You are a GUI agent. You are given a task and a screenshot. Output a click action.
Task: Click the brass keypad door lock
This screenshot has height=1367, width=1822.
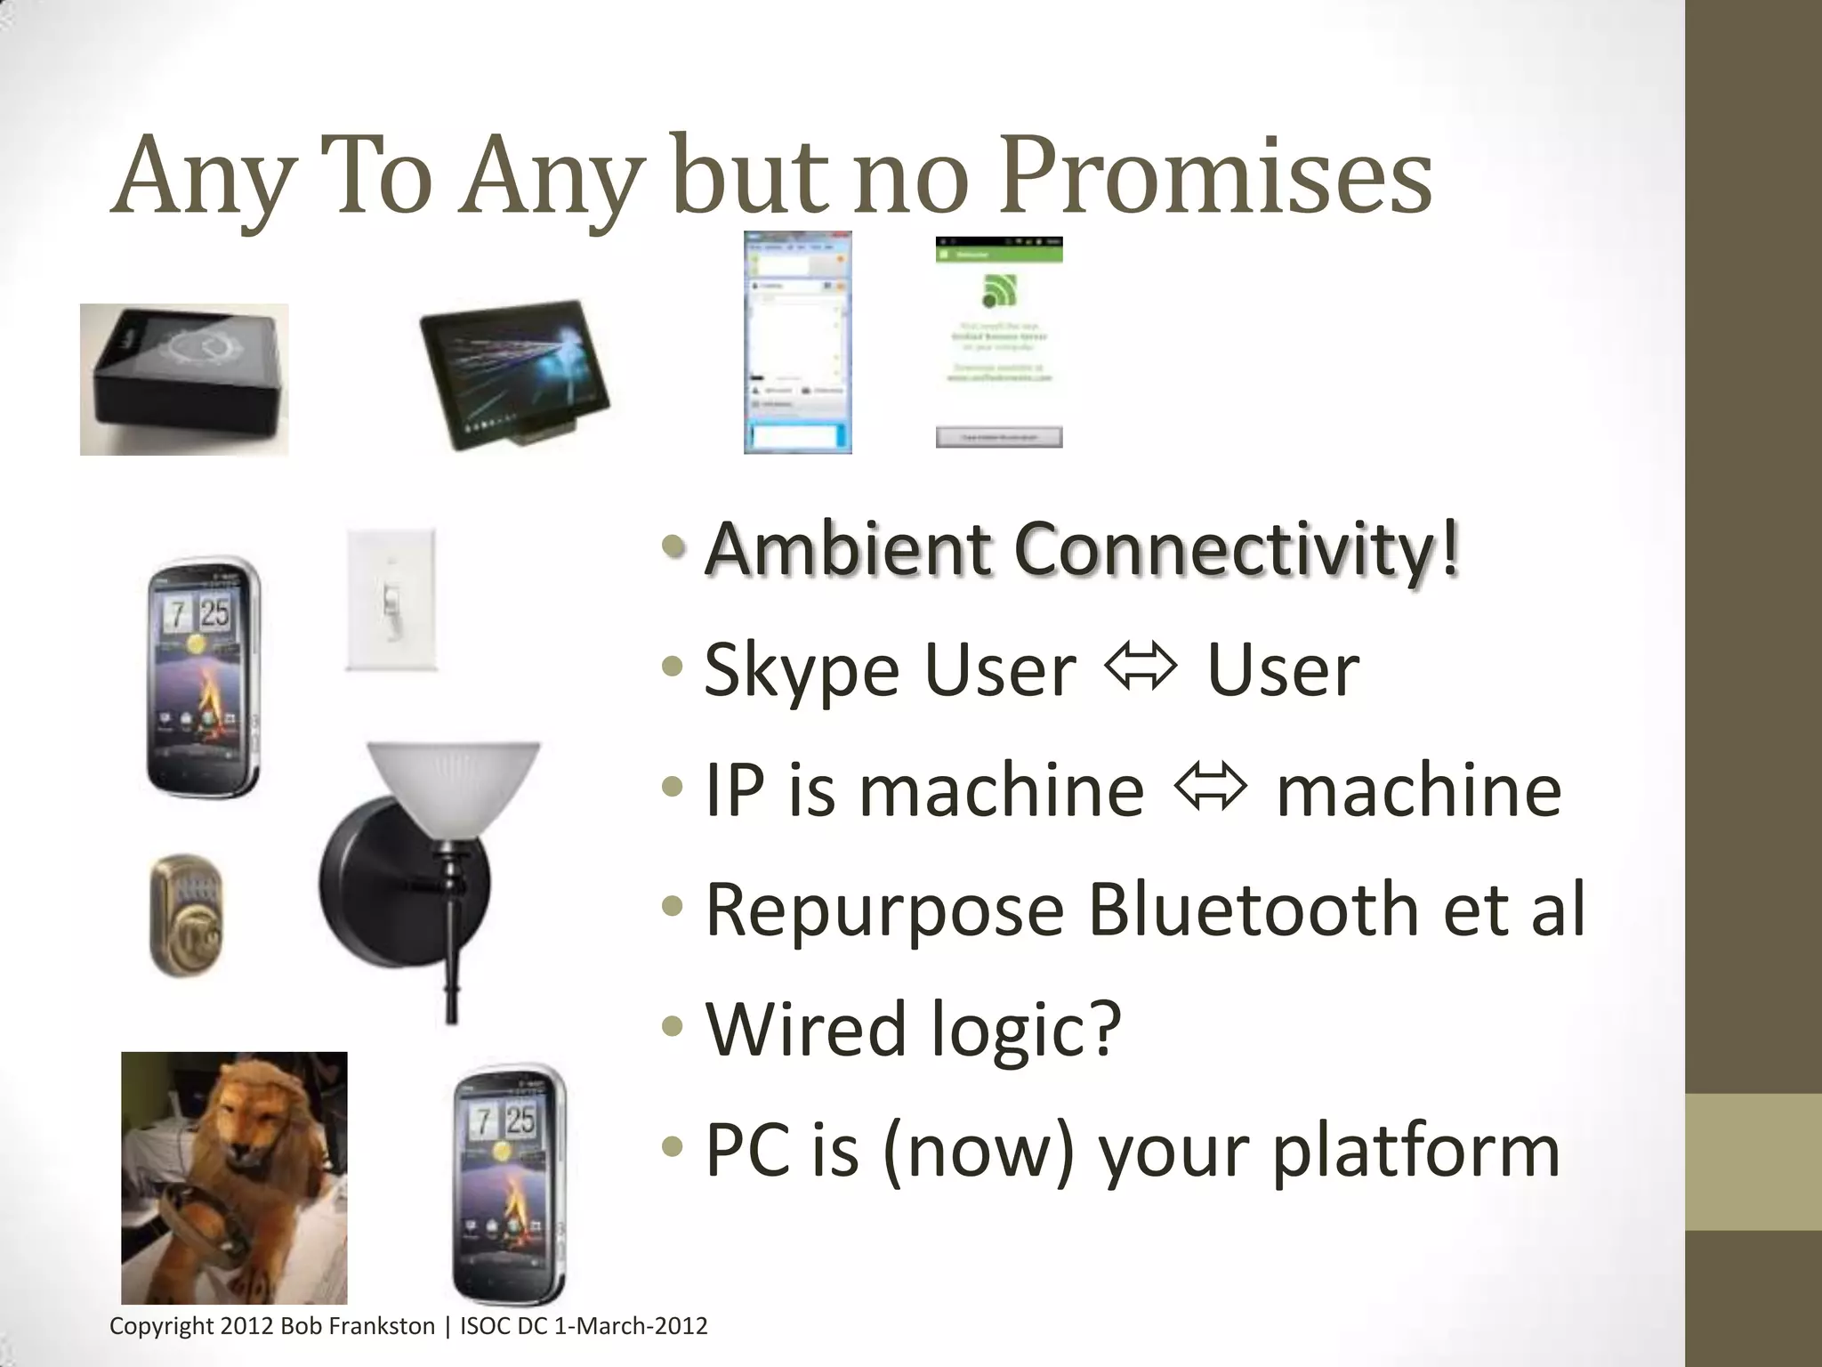tap(186, 916)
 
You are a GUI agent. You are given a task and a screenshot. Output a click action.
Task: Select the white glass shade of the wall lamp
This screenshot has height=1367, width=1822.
tap(453, 775)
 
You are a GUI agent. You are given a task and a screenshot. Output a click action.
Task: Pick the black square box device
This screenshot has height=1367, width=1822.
tap(184, 380)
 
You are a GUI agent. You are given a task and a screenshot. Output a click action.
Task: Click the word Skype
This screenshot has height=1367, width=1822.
tap(802, 671)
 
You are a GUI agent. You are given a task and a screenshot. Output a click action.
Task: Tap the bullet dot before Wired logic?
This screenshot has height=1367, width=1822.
tap(673, 1027)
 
